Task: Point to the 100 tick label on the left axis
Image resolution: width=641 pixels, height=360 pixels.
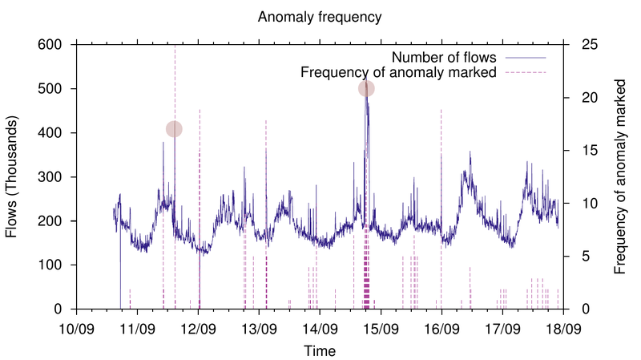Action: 53,265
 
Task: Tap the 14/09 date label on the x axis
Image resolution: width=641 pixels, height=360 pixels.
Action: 320,329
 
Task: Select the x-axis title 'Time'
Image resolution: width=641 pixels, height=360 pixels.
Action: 320,350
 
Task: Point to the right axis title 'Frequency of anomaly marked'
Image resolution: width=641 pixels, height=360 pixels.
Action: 620,176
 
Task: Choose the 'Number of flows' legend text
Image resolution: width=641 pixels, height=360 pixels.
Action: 445,58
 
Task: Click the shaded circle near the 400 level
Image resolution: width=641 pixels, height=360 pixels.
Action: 174,128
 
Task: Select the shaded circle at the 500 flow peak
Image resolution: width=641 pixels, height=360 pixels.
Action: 366,88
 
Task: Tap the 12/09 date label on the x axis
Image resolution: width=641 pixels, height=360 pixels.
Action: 198,329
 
